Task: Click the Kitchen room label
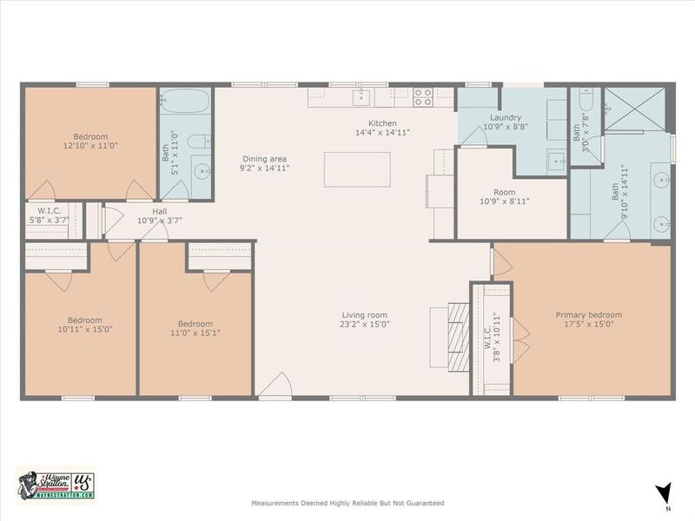[x=382, y=123]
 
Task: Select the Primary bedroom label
[x=588, y=315]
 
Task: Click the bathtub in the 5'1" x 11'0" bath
[x=184, y=102]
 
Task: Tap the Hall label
[x=159, y=210]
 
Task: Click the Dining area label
[x=264, y=159]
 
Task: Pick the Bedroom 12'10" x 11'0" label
[x=90, y=136]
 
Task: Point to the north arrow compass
[x=665, y=492]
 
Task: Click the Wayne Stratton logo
[x=54, y=483]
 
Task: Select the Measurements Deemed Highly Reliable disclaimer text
[x=347, y=503]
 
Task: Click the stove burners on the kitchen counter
[x=422, y=96]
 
